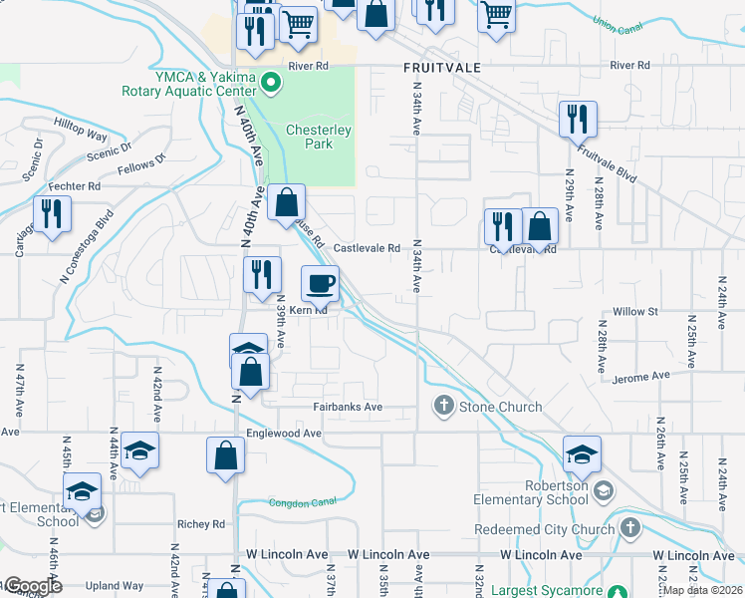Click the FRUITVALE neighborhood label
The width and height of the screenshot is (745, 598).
tap(443, 67)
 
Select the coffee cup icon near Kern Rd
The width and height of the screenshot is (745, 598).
tap(320, 283)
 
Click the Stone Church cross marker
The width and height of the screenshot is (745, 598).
tap(442, 406)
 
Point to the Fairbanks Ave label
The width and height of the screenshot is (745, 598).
tap(349, 408)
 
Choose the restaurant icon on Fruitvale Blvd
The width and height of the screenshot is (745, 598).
tap(578, 120)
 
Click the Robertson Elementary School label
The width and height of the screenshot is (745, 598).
tap(548, 493)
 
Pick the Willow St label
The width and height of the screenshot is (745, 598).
tap(636, 312)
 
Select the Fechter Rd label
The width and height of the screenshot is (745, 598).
tap(75, 186)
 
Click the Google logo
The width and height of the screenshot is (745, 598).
tap(32, 586)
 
